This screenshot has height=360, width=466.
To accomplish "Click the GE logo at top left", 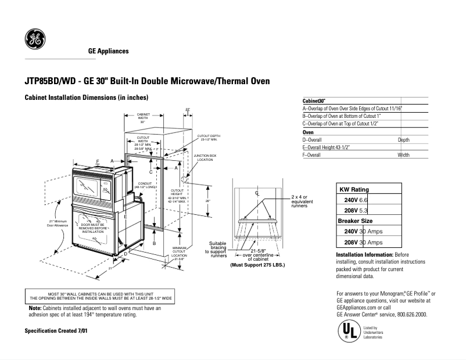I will point(34,39).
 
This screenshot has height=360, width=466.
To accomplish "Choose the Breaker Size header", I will point(356,221).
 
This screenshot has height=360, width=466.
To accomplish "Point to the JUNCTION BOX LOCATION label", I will point(205,157).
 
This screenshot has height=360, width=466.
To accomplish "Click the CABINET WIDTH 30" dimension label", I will point(142,118).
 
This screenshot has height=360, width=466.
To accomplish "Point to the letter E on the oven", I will point(125,216).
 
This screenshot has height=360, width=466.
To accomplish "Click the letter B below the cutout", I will point(154,243).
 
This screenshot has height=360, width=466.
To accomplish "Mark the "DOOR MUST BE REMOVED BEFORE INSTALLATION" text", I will point(94,228).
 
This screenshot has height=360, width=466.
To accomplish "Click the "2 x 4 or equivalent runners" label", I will point(302,201).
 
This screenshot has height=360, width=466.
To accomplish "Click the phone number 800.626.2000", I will point(409,314).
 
